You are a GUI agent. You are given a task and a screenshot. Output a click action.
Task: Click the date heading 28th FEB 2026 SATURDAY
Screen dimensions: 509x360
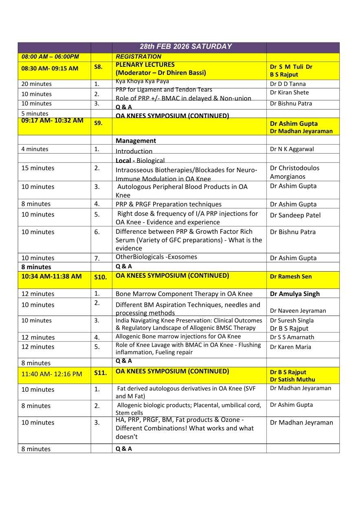click(186, 46)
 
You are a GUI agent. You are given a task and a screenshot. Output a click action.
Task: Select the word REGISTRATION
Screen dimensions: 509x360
click(138, 57)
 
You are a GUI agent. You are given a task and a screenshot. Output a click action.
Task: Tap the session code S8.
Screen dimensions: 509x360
click(98, 67)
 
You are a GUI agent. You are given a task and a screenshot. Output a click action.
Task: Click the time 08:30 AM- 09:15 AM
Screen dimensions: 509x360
click(50, 68)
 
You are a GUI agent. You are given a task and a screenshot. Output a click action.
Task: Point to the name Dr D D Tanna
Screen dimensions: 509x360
click(288, 84)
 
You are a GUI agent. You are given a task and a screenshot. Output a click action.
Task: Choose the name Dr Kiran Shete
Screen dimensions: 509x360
click(289, 93)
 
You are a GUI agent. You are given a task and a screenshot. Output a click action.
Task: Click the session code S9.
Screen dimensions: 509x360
click(98, 123)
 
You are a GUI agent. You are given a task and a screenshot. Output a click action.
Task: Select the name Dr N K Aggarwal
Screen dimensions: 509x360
click(292, 149)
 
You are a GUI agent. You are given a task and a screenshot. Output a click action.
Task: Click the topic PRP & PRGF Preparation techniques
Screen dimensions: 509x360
click(169, 204)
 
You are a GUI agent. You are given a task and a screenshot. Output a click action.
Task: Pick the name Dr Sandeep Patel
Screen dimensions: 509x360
click(295, 215)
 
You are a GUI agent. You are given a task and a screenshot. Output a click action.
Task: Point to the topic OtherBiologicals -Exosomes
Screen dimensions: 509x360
click(156, 257)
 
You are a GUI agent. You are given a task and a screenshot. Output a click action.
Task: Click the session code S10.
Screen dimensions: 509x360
click(100, 277)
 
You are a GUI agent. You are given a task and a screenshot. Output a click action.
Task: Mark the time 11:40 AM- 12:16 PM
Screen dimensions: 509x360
click(52, 374)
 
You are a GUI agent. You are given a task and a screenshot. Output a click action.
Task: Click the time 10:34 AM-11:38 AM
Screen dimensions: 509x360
click(51, 276)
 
